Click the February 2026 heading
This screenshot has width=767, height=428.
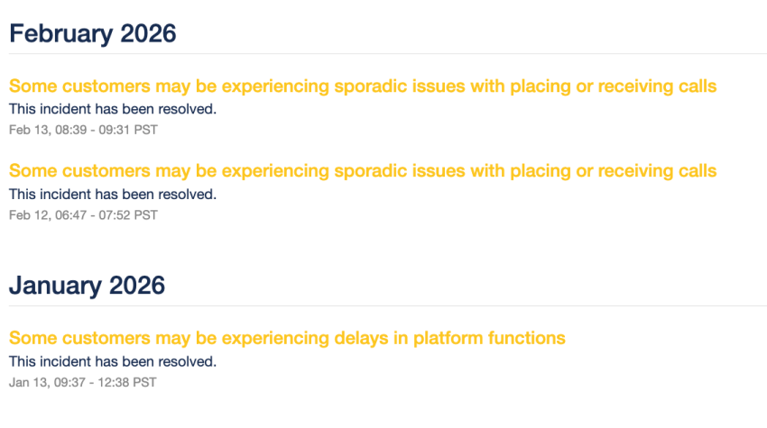tap(92, 33)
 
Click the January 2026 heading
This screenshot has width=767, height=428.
tap(87, 286)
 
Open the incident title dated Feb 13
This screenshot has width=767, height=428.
tap(363, 87)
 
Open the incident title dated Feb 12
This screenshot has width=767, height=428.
tap(363, 171)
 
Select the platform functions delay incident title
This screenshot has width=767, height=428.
tap(287, 339)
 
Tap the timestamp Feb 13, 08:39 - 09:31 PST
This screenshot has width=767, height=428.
tap(83, 130)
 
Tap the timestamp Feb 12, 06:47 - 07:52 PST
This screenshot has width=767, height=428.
tap(83, 214)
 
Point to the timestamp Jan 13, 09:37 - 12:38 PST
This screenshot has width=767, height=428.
tap(82, 382)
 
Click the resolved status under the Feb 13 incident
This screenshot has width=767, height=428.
tap(113, 109)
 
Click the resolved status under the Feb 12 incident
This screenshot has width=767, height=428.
tap(113, 194)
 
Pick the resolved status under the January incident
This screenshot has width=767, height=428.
tap(113, 361)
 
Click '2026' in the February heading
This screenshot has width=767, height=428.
tap(147, 33)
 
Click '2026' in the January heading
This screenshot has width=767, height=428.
tap(136, 286)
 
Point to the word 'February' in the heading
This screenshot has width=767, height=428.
tap(60, 33)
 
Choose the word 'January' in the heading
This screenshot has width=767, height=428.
tap(55, 286)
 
